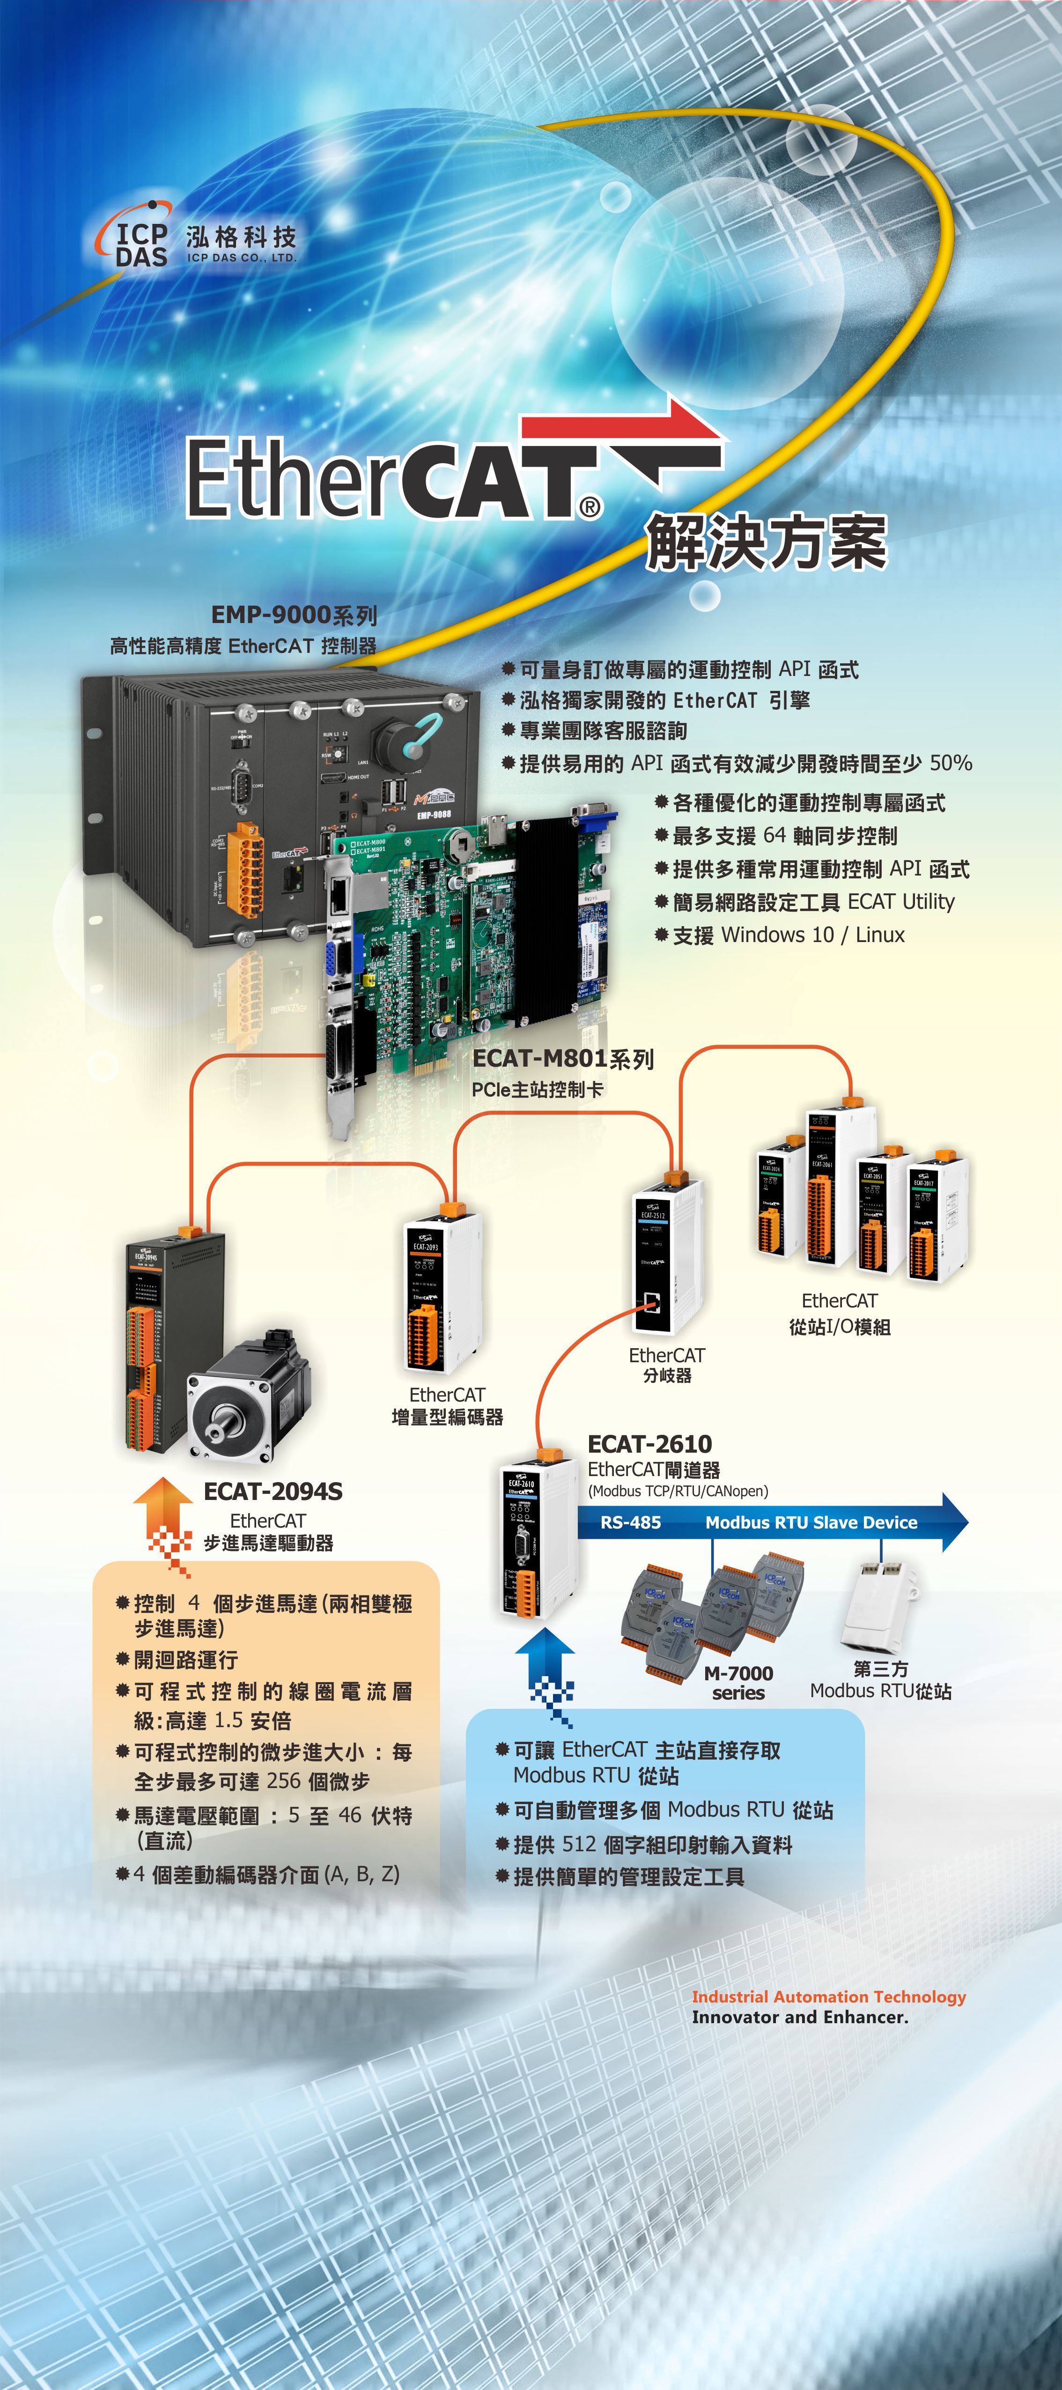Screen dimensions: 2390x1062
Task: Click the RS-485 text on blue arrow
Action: [x=631, y=1522]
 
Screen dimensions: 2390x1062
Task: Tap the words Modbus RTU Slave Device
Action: [x=811, y=1522]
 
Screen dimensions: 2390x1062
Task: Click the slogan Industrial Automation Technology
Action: [x=828, y=1997]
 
